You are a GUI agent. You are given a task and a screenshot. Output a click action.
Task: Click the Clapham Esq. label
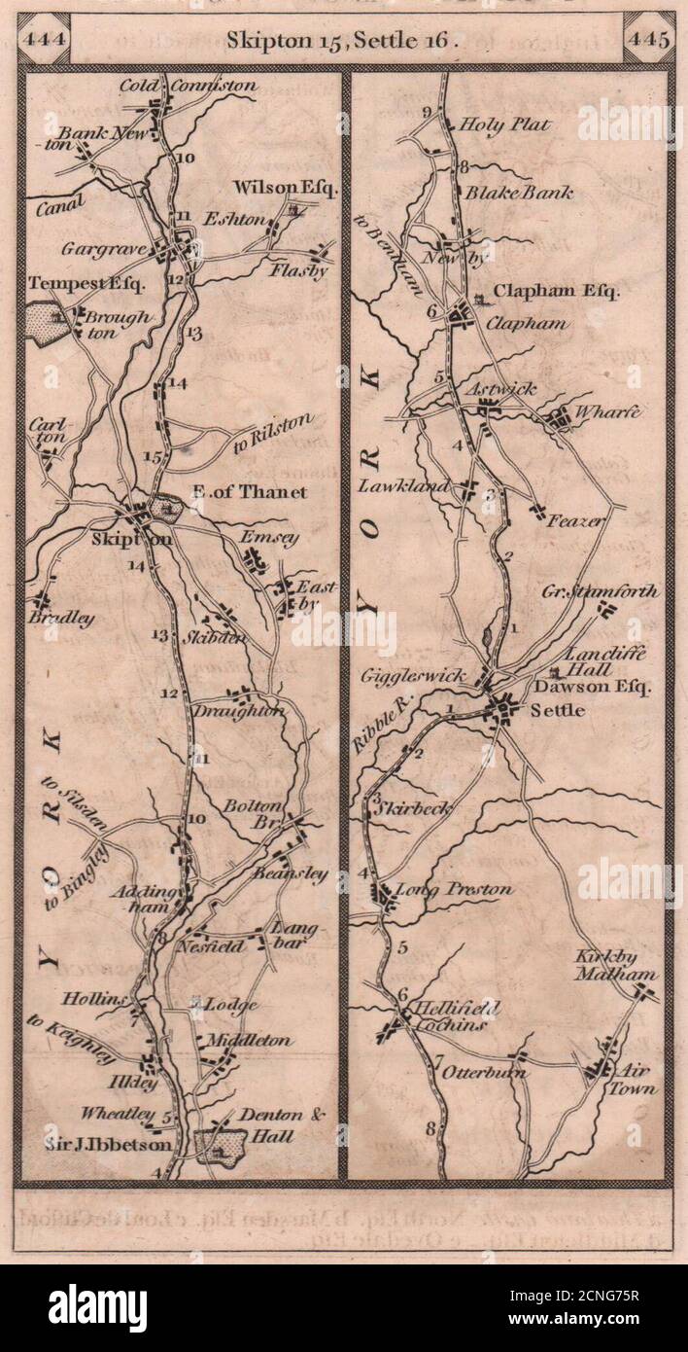pos(556,291)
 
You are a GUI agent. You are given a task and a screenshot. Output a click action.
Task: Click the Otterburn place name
pos(485,1072)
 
